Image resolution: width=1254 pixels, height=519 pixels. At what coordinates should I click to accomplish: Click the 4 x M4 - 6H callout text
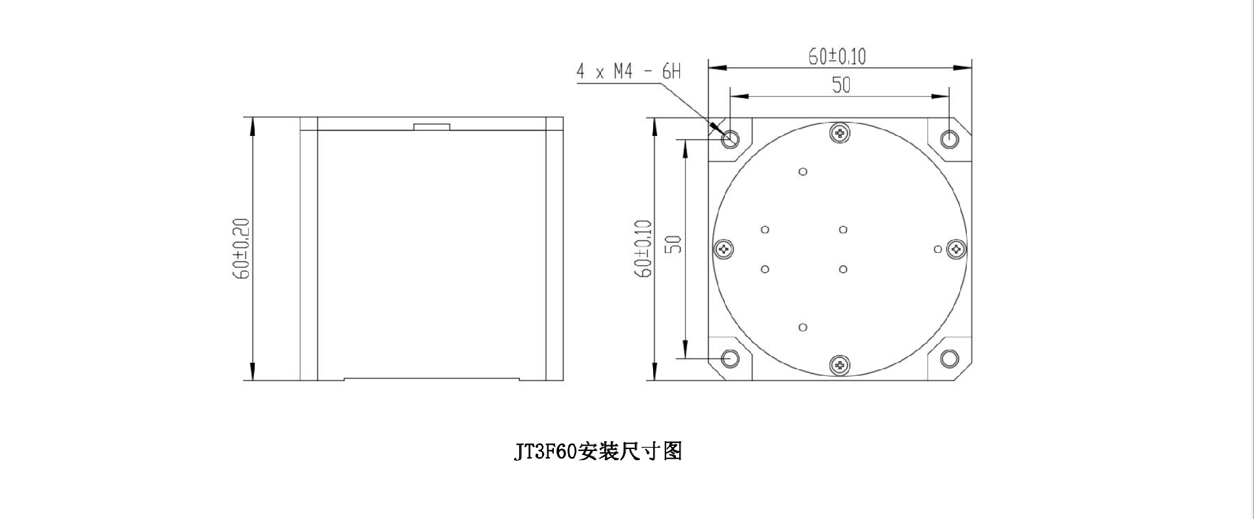[x=628, y=71]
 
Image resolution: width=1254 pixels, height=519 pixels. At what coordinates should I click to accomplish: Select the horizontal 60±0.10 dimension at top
[x=837, y=57]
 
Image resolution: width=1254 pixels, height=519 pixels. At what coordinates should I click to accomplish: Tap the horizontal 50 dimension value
[x=841, y=85]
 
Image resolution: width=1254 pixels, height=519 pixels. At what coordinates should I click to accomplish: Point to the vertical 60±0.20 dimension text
[x=241, y=249]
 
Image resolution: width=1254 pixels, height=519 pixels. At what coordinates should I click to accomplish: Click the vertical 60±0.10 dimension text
[x=643, y=248]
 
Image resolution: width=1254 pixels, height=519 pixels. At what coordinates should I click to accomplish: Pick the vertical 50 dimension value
[x=673, y=244]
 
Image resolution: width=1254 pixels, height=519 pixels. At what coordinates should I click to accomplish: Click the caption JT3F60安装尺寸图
[x=598, y=451]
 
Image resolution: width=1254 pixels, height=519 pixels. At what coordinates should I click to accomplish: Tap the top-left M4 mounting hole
[x=730, y=139]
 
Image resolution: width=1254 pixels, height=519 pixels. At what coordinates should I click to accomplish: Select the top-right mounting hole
[x=950, y=139]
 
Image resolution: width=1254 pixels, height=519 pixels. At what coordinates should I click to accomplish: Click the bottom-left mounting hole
[x=730, y=358]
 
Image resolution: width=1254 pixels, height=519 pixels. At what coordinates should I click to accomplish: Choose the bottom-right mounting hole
[x=950, y=358]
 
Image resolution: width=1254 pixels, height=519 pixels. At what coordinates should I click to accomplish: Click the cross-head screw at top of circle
[x=840, y=133]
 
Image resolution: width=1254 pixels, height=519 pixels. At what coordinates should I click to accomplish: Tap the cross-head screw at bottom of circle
[x=840, y=365]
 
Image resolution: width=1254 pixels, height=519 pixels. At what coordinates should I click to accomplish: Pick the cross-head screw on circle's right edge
[x=957, y=249]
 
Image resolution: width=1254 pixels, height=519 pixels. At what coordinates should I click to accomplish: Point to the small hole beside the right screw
[x=939, y=249]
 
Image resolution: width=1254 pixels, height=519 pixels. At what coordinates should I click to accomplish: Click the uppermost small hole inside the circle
[x=803, y=171]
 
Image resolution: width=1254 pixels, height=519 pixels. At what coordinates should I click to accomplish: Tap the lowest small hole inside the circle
[x=803, y=327]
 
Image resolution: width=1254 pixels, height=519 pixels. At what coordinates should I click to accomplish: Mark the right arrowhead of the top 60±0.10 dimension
[x=963, y=67]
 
